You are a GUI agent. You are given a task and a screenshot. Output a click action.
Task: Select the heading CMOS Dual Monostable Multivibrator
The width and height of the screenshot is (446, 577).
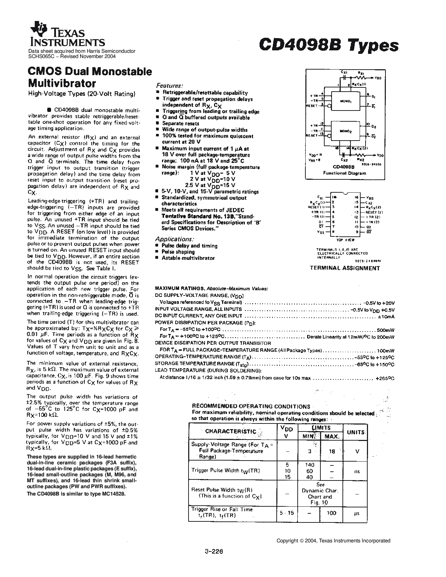[90, 77]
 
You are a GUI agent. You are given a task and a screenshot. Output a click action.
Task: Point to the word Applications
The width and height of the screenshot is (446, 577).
[174, 239]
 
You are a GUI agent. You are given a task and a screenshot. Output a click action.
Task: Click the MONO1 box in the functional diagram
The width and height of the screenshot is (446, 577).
[348, 101]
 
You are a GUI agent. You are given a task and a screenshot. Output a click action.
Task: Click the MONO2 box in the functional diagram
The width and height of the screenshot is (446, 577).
[348, 131]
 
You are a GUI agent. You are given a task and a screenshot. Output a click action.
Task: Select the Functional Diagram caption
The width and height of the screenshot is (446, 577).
[344, 173]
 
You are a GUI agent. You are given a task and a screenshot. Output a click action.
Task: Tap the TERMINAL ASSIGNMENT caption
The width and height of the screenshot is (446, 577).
[345, 268]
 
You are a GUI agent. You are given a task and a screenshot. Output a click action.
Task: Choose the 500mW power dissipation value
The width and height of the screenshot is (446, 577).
[385, 330]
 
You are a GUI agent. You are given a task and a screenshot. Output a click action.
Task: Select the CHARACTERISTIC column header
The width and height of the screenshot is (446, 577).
[231, 431]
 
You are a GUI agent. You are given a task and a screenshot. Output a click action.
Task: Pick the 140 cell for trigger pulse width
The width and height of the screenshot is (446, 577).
[310, 465]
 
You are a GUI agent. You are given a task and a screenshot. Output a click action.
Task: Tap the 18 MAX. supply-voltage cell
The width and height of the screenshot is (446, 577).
[332, 451]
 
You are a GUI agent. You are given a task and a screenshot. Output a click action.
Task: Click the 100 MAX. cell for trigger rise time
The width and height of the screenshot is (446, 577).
[332, 513]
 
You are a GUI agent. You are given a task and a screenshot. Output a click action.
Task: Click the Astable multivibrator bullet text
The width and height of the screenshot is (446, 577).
[188, 258]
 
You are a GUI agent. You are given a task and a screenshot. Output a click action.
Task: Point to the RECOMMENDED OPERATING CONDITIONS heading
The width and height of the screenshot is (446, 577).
[251, 406]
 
